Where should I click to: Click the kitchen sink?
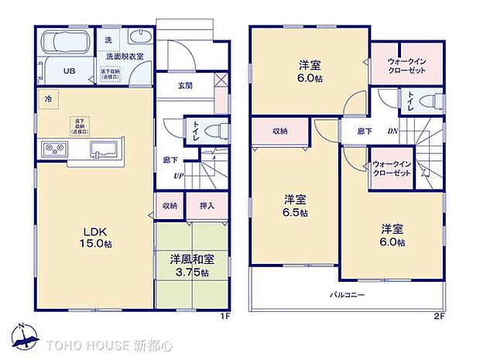[103, 148]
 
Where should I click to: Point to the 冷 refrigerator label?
[49, 99]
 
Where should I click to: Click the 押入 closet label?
[207, 206]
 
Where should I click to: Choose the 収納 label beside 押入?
[170, 206]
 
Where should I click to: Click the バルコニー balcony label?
[348, 295]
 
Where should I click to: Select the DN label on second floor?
[393, 132]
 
